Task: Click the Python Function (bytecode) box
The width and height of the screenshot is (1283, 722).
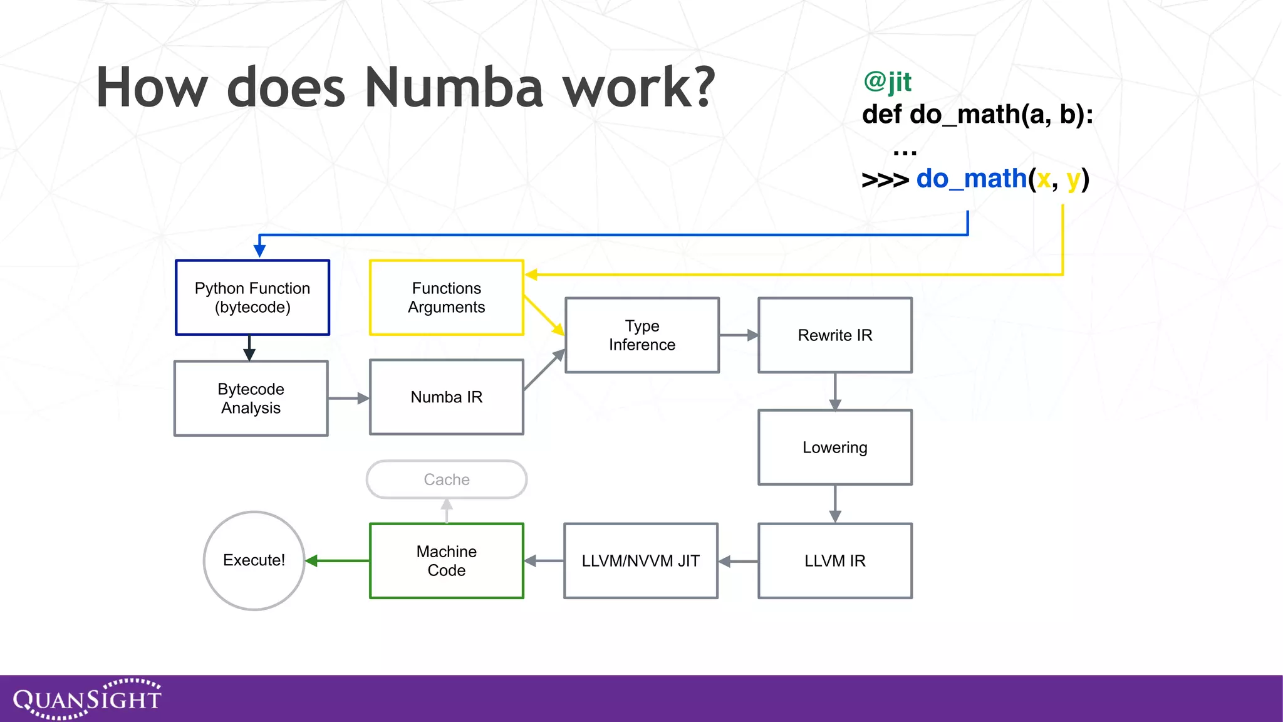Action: pos(252,298)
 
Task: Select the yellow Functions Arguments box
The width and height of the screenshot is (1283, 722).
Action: pos(446,298)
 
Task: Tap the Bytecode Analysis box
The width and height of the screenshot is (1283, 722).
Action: pos(251,398)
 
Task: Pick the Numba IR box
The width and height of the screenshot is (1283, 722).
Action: pos(446,397)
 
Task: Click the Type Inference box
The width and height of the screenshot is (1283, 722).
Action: pos(641,335)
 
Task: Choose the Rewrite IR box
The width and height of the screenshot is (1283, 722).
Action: pos(834,335)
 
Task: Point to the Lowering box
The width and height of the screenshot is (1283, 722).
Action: pos(834,447)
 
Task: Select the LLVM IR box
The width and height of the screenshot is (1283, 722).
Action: pos(834,561)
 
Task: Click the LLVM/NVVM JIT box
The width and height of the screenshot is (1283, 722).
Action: pos(640,561)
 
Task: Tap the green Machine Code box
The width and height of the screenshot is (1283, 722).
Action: pos(446,561)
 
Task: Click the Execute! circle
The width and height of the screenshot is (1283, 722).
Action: pos(254,560)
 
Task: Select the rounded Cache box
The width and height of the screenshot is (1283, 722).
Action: pos(446,479)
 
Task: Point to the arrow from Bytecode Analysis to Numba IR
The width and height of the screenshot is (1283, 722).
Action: pos(348,398)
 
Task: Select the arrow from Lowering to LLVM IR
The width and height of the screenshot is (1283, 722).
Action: pos(834,504)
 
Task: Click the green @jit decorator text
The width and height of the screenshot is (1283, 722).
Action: pos(887,81)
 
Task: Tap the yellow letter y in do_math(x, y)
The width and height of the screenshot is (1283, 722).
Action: pos(1073,180)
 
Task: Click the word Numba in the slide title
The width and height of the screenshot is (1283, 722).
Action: pos(454,88)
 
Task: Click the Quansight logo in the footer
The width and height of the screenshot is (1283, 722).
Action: pos(87,699)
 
